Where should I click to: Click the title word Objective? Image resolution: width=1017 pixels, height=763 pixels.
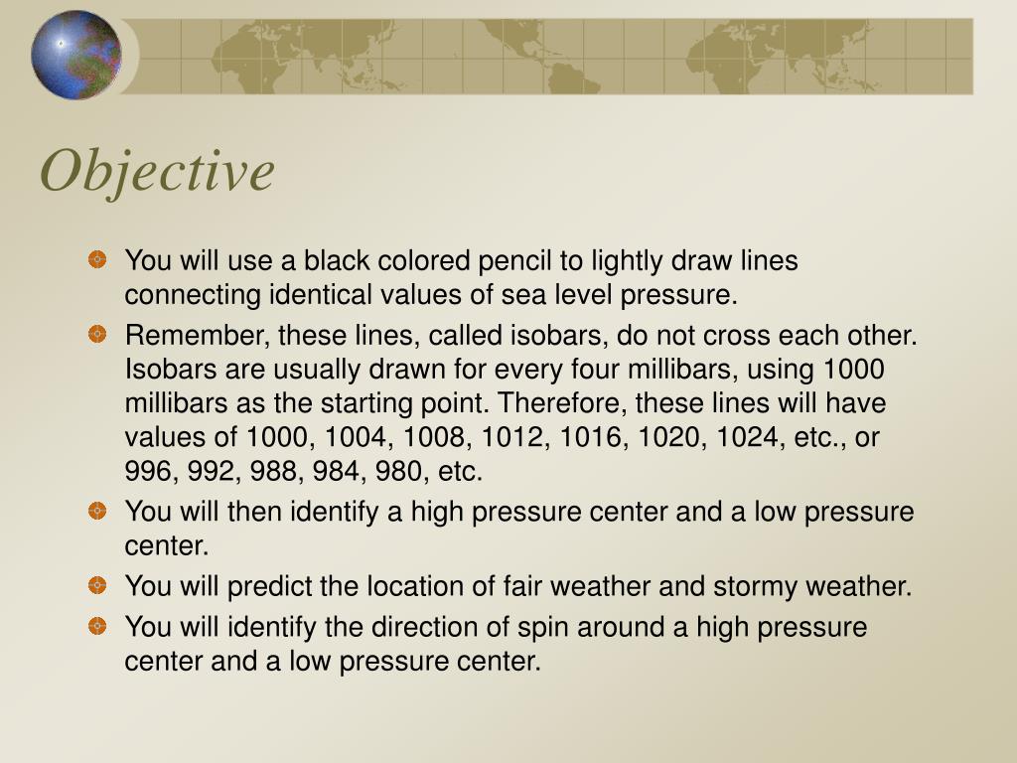(x=157, y=171)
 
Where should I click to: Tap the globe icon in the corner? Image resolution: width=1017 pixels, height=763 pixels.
(x=76, y=55)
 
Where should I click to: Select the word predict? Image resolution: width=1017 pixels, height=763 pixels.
(x=266, y=586)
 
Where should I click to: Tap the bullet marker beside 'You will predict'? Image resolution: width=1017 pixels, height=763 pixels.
(x=96, y=584)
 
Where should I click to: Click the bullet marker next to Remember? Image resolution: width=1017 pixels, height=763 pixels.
(x=96, y=334)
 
